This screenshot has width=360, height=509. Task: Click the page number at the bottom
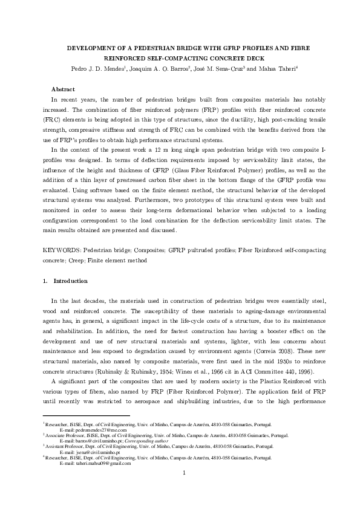[x=183, y=490]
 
